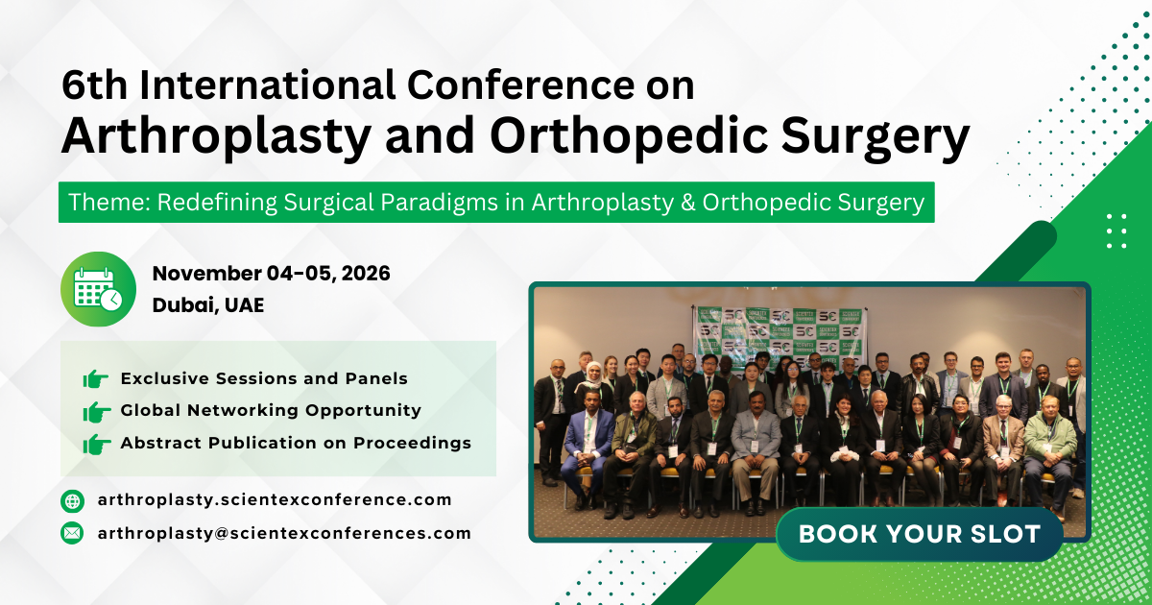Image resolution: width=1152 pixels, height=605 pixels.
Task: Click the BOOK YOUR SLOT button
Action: (919, 534)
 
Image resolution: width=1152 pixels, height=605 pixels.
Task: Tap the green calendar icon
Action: (98, 289)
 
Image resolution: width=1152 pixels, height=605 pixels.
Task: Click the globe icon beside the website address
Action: (72, 500)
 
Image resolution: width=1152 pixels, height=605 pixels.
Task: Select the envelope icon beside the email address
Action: (72, 533)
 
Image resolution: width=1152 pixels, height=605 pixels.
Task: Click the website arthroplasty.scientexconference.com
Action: (274, 499)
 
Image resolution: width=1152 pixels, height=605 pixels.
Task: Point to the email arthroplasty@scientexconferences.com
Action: (284, 533)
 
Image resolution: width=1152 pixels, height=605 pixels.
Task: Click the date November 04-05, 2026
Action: (271, 274)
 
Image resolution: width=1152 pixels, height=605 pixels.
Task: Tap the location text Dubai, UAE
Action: (207, 305)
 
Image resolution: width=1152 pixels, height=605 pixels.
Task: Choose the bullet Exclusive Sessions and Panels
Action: (264, 378)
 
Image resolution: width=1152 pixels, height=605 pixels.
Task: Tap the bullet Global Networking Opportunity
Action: (271, 410)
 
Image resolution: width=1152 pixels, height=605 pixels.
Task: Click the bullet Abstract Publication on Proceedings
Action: (296, 443)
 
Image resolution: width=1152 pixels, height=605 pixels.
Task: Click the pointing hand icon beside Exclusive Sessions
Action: (96, 379)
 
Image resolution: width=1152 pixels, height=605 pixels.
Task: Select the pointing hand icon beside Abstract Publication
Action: (96, 444)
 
